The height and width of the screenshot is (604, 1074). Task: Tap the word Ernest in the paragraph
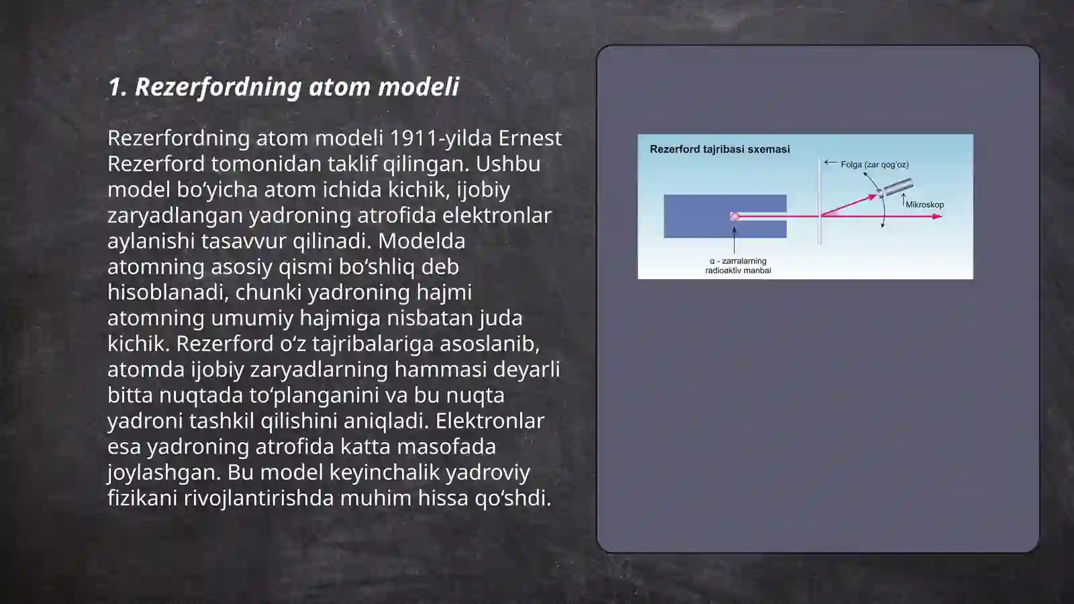[530, 138]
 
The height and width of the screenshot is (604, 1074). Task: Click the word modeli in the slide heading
[418, 87]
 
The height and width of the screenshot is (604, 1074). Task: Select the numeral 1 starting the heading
[115, 87]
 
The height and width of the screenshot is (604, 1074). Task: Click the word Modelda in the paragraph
[422, 241]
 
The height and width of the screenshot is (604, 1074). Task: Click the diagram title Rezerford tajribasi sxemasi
[720, 150]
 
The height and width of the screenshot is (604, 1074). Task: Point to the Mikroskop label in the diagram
[925, 205]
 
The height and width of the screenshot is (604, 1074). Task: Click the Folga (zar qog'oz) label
[875, 164]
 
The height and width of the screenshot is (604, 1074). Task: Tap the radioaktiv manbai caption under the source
[738, 270]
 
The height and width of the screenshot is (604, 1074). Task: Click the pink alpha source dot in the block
[734, 216]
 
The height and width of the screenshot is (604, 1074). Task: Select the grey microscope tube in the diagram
[895, 188]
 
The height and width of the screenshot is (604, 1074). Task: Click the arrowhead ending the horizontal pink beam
[938, 216]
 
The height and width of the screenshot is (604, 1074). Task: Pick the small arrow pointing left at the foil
[830, 162]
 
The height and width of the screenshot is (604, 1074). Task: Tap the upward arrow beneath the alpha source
[734, 238]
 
